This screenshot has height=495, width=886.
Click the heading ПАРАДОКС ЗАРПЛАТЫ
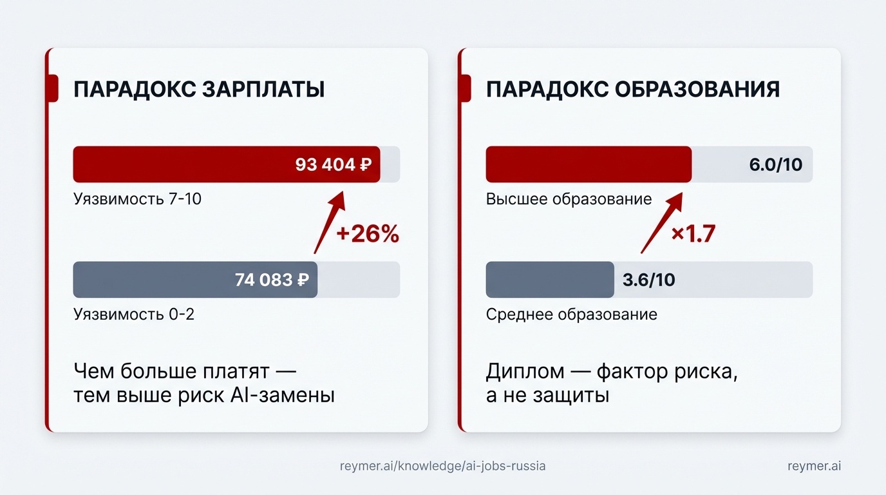coord(198,89)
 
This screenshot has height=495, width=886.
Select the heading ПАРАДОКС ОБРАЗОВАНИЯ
coord(632,89)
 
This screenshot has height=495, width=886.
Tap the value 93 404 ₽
coord(334,164)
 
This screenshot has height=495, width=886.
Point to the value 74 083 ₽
coord(271,280)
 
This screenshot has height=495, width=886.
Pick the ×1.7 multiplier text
coord(693,234)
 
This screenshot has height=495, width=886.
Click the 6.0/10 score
coord(775,164)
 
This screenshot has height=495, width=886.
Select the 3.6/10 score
coord(648,280)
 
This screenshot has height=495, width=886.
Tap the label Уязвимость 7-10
coord(137,199)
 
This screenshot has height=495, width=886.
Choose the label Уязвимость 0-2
coord(134,315)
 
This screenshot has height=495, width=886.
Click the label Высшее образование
coord(569,199)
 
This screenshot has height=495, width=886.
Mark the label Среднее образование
coord(571,315)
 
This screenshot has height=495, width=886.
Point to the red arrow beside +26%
coord(329,222)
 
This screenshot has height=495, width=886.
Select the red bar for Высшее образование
coord(588,164)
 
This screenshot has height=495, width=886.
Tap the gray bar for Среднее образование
coord(549,280)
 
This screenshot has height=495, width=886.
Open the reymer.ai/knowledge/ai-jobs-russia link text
coord(442,465)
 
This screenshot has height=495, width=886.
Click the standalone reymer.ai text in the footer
coord(814,465)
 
